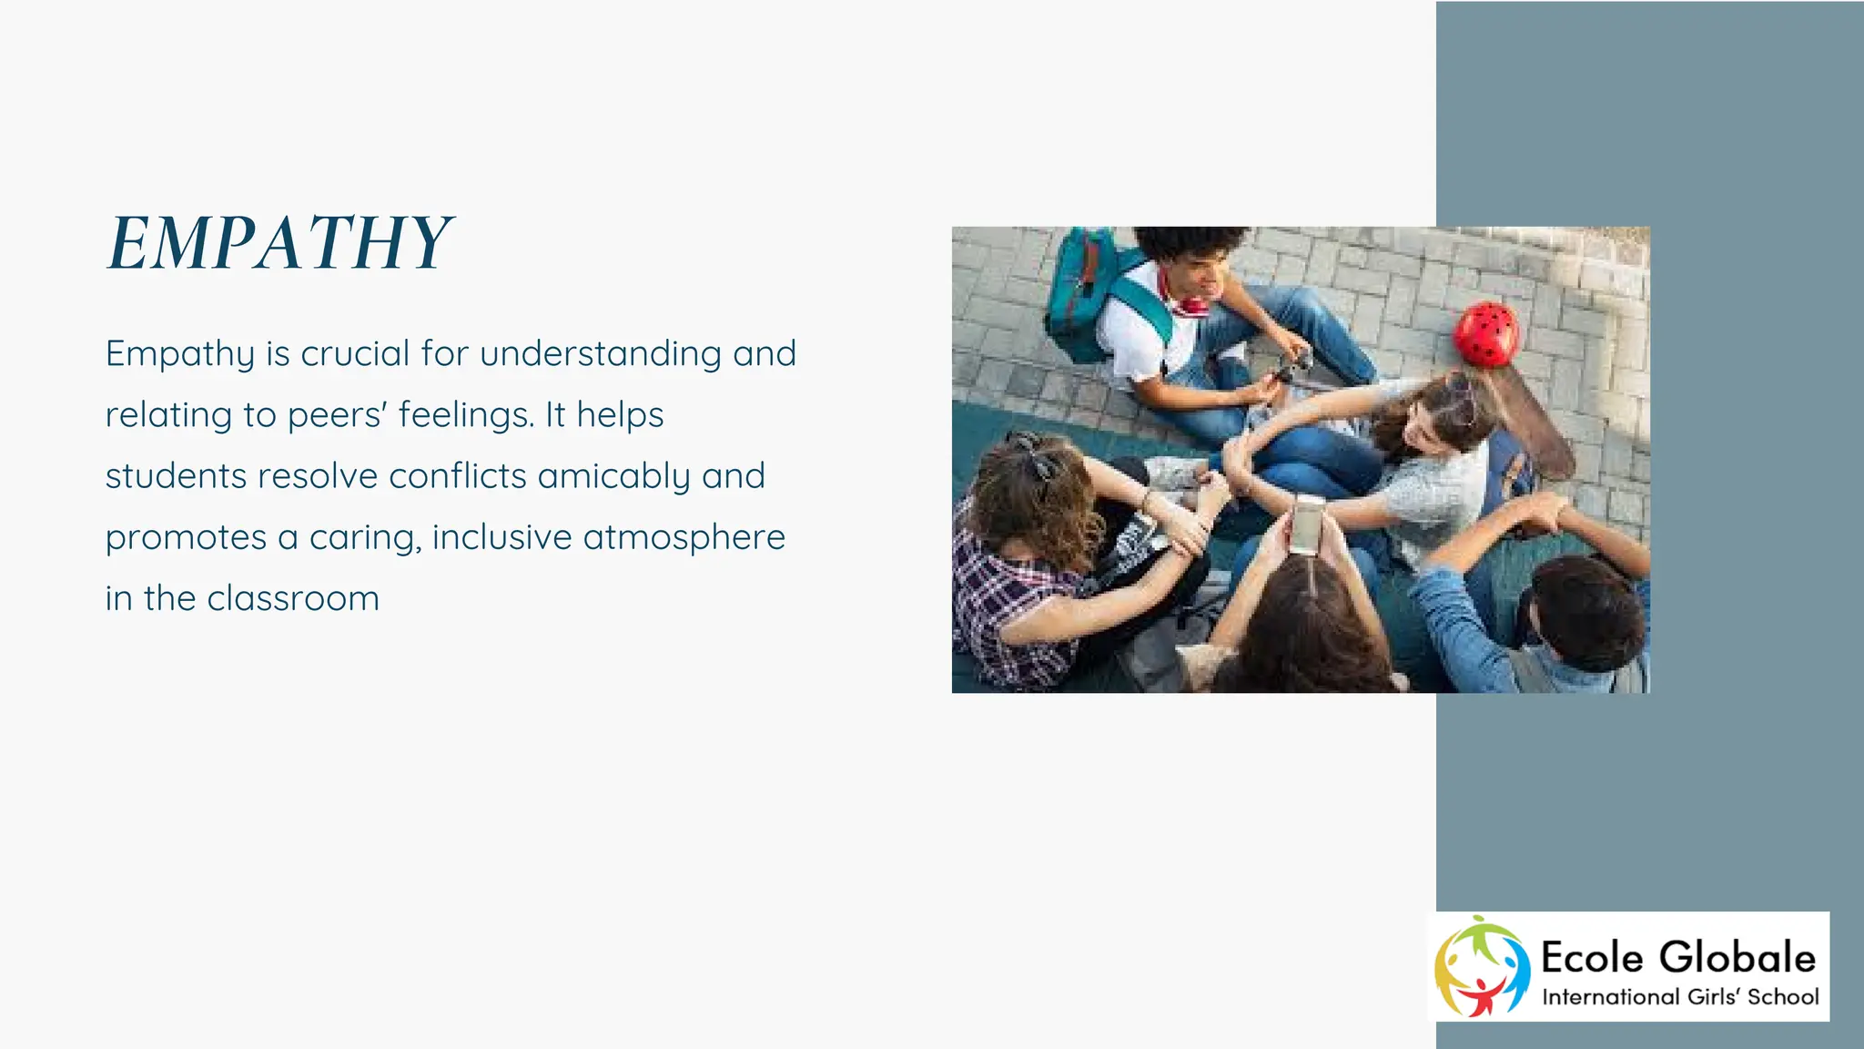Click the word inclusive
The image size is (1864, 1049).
point(501,537)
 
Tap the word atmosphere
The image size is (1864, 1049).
point(684,537)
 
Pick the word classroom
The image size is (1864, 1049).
point(293,598)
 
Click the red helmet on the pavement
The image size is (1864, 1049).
point(1485,334)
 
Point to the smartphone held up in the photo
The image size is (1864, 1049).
point(1308,525)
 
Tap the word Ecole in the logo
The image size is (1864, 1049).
point(1592,958)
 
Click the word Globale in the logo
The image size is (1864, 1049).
point(1737,958)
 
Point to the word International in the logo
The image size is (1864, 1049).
point(1611,997)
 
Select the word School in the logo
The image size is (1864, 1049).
point(1783,997)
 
